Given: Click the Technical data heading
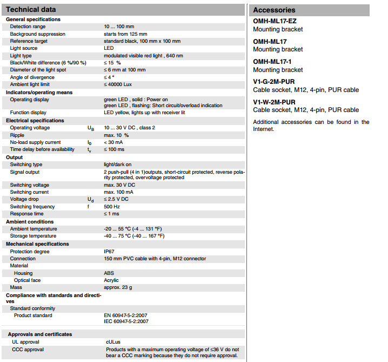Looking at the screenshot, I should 31,10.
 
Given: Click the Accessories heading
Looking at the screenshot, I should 274,10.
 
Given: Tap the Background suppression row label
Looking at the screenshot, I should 37,34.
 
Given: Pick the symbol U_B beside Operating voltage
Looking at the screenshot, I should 90,128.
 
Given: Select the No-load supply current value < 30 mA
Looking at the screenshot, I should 114,142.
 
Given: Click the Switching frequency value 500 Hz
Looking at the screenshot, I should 111,207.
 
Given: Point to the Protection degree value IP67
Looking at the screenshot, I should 110,251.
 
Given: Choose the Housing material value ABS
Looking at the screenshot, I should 109,273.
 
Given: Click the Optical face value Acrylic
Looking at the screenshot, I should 111,280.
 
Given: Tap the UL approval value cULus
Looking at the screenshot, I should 112,342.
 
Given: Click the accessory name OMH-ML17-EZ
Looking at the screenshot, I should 275,21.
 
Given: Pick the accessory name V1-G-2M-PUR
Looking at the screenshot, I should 274,82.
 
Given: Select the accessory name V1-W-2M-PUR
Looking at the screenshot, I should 275,102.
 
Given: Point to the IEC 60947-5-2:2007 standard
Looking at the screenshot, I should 126,321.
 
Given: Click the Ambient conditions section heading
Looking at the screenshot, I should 30,221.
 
